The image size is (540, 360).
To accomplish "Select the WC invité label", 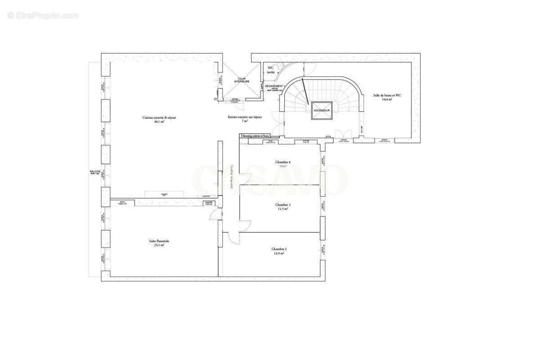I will [270, 70].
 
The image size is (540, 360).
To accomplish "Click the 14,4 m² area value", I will [387, 99].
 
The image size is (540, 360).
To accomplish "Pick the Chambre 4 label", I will [283, 162].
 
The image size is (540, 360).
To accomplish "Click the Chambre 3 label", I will [283, 205].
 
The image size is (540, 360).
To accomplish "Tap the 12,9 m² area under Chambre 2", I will [279, 253].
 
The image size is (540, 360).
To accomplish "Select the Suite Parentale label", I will [159, 241].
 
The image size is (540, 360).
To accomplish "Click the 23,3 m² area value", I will [159, 245].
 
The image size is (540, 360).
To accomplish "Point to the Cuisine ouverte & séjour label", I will [159, 117].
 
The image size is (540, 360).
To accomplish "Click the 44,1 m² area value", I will [159, 121].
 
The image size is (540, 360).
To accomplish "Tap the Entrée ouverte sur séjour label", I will [245, 117].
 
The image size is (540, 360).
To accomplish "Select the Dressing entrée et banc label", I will [255, 135].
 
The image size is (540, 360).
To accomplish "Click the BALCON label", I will [95, 171].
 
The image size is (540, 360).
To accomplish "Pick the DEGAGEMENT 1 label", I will [274, 86].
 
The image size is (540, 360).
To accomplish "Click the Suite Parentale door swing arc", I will [215, 215].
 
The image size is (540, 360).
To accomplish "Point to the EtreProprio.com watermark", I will [43, 15].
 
